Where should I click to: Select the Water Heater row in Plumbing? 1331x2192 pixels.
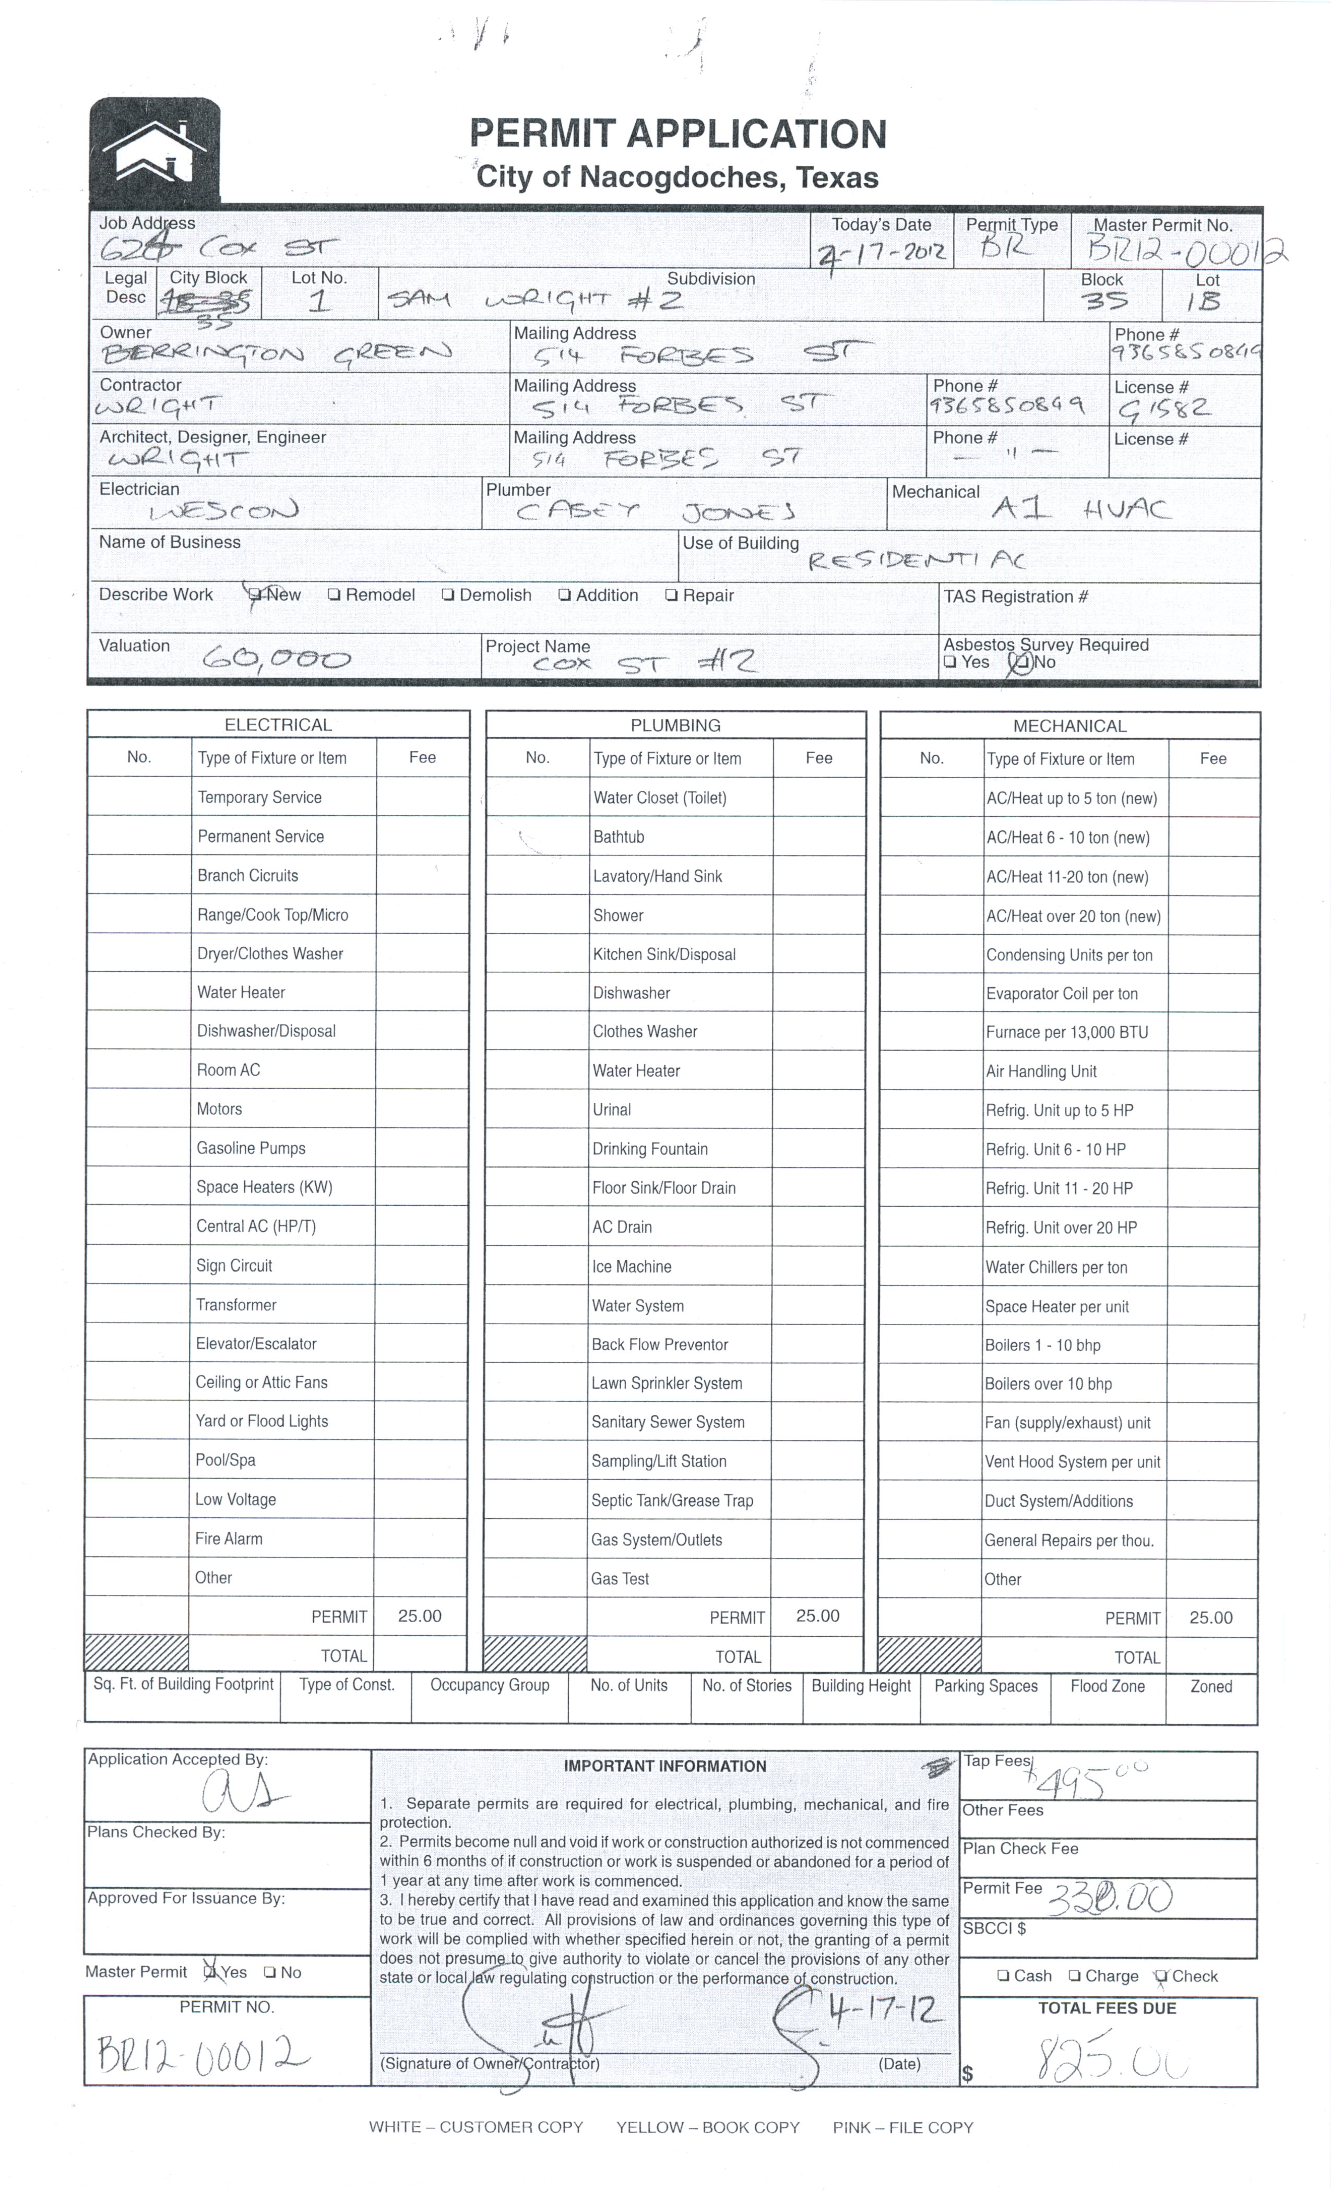(636, 1071)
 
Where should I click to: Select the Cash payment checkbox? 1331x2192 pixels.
(1003, 1976)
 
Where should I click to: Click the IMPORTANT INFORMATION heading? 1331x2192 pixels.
(664, 1766)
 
